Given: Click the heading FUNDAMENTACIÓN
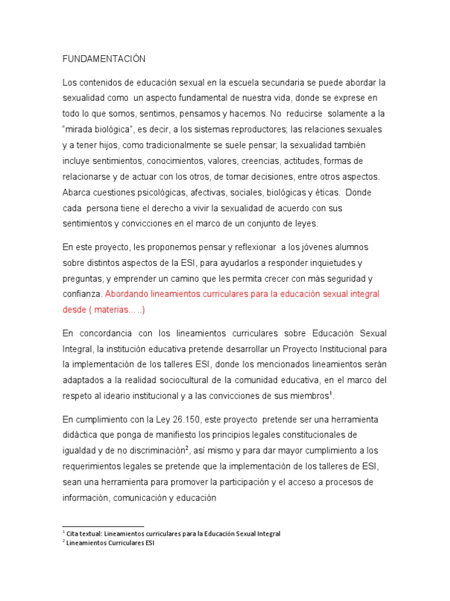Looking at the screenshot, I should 103,59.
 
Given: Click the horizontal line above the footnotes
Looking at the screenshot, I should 103,526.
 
